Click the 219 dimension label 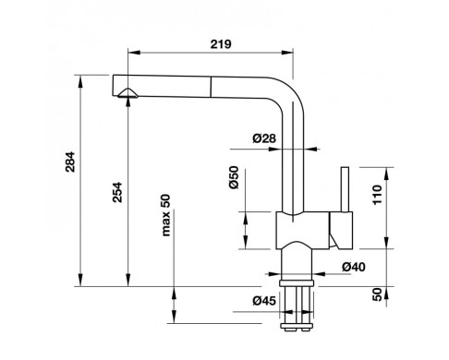[221, 44]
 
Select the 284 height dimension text [70, 162]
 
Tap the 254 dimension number [117, 192]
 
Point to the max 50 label [165, 215]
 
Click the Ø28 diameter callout [264, 138]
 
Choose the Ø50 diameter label [234, 177]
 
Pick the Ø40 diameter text [354, 267]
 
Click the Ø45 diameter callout [264, 300]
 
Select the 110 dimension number [377, 195]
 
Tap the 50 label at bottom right [377, 294]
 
